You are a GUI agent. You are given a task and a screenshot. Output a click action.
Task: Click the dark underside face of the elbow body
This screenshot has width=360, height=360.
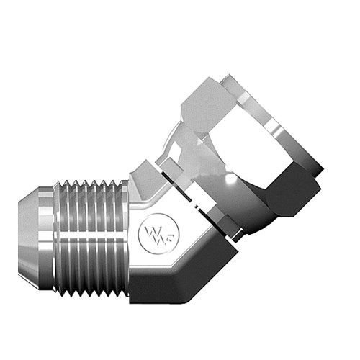coord(180,277)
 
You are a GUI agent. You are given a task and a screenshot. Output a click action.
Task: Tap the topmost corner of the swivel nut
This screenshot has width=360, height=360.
coord(229,76)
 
